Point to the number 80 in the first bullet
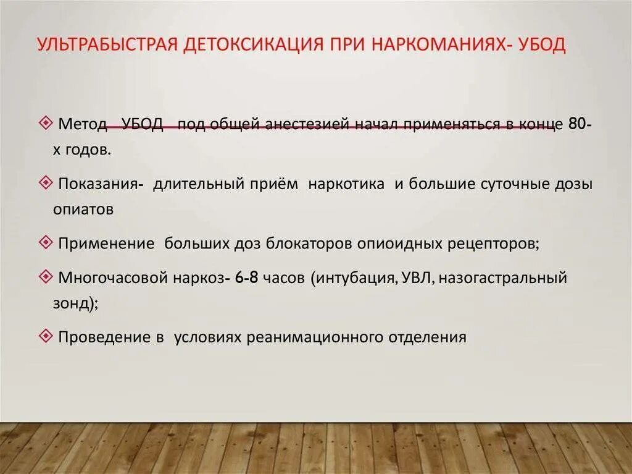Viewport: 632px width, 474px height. click(x=577, y=124)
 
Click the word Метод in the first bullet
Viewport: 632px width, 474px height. click(x=82, y=124)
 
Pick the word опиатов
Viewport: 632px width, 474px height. click(x=83, y=209)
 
